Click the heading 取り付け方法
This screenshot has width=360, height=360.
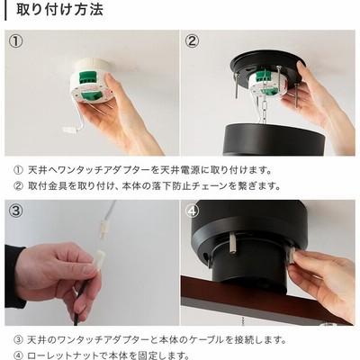60,10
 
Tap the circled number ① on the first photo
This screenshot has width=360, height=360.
15,41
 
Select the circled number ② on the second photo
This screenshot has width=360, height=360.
192,41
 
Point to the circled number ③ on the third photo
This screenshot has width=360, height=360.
15,211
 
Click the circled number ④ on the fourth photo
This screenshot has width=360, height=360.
192,211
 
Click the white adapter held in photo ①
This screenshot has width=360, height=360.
92,81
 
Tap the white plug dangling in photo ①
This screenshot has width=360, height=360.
69,130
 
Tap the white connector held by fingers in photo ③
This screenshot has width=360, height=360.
100,259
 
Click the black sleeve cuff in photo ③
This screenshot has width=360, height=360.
14,276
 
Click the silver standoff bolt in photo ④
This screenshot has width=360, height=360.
233,244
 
